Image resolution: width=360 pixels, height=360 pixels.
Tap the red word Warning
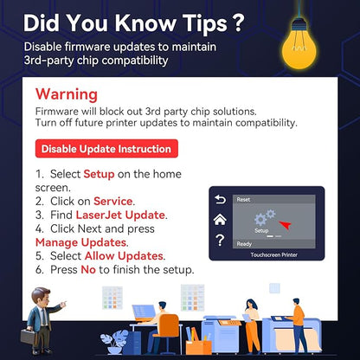(67, 94)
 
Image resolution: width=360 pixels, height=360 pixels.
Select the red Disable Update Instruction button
(106, 149)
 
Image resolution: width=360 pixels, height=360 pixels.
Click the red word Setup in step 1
(99, 174)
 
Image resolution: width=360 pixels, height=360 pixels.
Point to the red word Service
(113, 201)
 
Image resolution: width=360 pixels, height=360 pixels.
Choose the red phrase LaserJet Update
(120, 215)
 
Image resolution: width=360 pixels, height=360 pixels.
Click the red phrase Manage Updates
(80, 242)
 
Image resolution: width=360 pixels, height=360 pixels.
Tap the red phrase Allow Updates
(124, 256)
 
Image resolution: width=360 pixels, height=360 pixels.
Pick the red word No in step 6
(88, 270)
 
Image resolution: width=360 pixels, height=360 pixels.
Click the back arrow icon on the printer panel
(220, 199)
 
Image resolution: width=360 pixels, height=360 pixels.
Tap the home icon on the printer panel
(220, 220)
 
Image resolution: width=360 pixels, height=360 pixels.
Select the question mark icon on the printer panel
(220, 240)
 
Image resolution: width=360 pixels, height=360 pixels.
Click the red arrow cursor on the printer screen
(286, 225)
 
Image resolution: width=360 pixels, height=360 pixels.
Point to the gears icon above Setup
(265, 218)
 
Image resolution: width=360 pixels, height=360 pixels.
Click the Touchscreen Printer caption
(273, 254)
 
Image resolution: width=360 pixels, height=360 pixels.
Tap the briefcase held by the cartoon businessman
(29, 337)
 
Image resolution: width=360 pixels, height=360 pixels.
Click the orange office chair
(167, 331)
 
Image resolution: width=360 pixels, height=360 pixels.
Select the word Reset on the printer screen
(243, 199)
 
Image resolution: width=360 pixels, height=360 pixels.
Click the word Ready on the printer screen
(244, 244)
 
